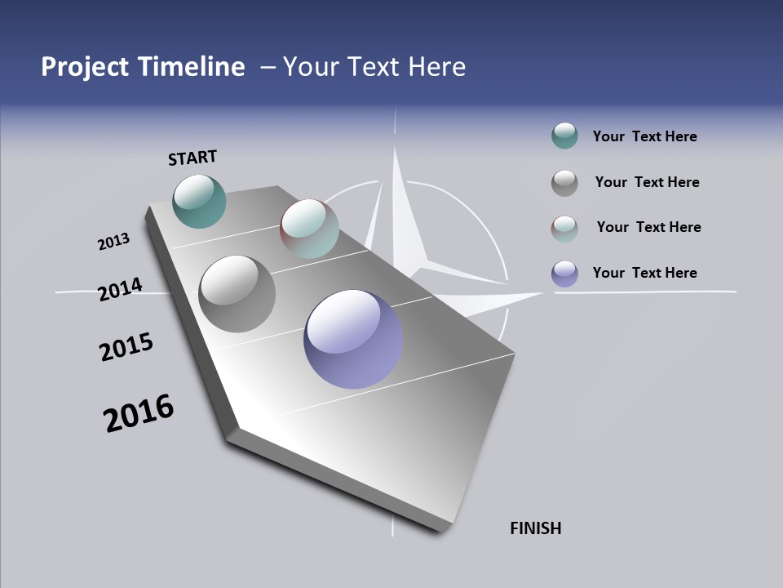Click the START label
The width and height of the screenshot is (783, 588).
pyautogui.click(x=192, y=157)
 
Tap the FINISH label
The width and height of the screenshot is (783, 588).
pyautogui.click(x=535, y=528)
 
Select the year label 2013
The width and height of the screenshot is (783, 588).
pyautogui.click(x=113, y=242)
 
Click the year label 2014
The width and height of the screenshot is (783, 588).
pyautogui.click(x=120, y=289)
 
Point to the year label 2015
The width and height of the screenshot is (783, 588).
pyautogui.click(x=126, y=347)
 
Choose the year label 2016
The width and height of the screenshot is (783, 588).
pyautogui.click(x=139, y=413)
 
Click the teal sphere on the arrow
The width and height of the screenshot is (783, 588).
pyautogui.click(x=199, y=201)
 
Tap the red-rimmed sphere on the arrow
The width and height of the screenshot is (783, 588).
pyautogui.click(x=309, y=229)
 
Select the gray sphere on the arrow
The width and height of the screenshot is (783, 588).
pyautogui.click(x=237, y=294)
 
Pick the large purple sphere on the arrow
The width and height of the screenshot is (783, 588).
pyautogui.click(x=353, y=338)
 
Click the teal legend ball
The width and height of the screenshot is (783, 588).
pyautogui.click(x=564, y=136)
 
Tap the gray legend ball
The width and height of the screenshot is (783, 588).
pyautogui.click(x=564, y=183)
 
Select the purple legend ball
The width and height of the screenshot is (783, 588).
pyautogui.click(x=564, y=274)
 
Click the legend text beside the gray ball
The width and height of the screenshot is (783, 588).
pyautogui.click(x=647, y=182)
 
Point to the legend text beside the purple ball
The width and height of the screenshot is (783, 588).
pyautogui.click(x=644, y=273)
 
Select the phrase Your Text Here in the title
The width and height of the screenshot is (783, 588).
pyautogui.click(x=374, y=67)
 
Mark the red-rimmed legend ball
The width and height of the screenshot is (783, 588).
pyautogui.click(x=564, y=229)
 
